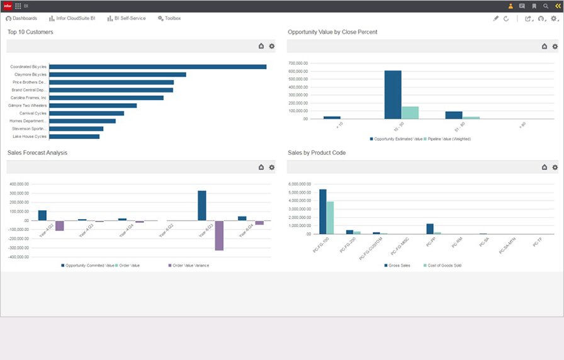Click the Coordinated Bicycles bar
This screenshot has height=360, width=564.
(157, 67)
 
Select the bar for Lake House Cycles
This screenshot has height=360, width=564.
(74, 136)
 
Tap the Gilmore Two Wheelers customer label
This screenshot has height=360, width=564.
(28, 106)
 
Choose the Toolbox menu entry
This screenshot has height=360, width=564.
(169, 18)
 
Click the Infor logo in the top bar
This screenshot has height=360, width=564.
(8, 6)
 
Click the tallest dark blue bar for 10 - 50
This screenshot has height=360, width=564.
(393, 94)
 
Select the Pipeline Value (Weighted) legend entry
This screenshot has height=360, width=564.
(448, 138)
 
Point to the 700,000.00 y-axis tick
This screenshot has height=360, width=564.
(298, 64)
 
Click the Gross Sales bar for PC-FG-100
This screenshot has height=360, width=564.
(323, 211)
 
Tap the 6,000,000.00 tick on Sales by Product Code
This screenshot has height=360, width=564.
(300, 184)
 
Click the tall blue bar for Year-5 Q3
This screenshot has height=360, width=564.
(202, 206)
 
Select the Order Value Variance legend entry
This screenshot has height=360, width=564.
(189, 266)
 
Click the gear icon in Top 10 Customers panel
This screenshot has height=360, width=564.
(272, 46)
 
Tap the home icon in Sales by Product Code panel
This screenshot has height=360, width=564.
(544, 167)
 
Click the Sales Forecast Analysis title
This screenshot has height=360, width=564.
(37, 153)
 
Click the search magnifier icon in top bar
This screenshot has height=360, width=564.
(545, 6)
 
